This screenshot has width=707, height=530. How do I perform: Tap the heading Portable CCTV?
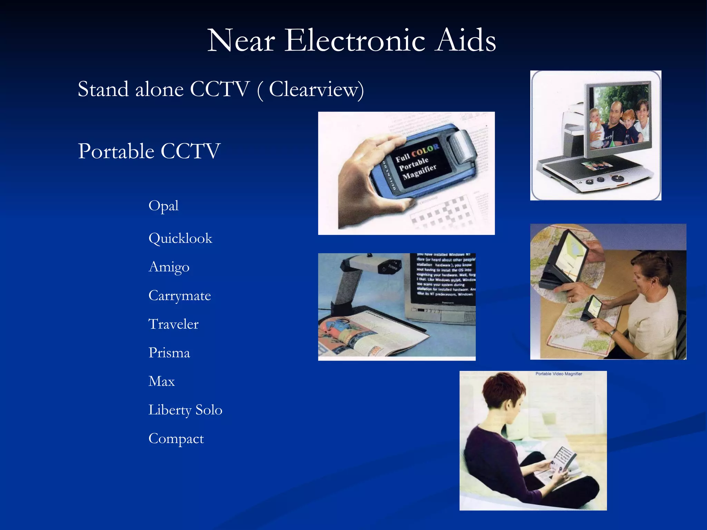click(x=149, y=151)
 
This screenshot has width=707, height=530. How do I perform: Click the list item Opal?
click(x=163, y=206)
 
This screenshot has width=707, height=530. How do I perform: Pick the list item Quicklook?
click(x=180, y=238)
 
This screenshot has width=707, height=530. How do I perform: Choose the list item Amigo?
click(x=169, y=267)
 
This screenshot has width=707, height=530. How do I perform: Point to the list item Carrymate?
click(x=180, y=296)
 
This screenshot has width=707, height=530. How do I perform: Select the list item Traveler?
click(x=173, y=324)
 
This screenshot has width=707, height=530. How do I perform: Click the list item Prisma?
click(x=169, y=353)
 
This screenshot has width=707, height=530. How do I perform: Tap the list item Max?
click(x=162, y=381)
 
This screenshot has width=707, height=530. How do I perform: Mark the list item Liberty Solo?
click(x=185, y=410)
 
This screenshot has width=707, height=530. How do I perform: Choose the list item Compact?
click(x=176, y=439)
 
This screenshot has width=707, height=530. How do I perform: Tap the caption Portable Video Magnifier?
click(x=559, y=374)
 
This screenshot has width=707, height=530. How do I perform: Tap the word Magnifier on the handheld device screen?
click(x=419, y=171)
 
